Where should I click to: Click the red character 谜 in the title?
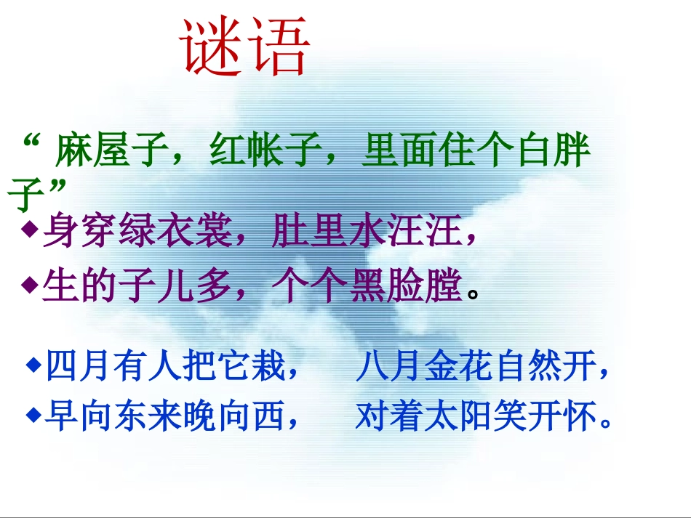(x=212, y=49)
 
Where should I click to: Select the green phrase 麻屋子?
(x=108, y=153)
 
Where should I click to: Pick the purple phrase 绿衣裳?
(x=174, y=233)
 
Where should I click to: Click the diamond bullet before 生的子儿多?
(x=30, y=286)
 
